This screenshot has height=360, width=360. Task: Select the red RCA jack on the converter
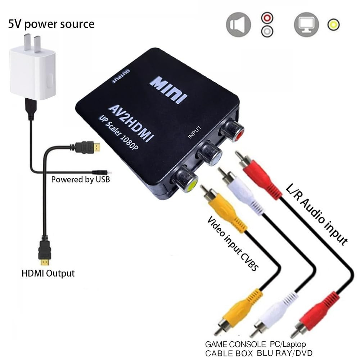point(232,130)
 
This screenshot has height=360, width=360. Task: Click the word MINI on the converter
point(168,87)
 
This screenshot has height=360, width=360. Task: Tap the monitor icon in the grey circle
point(306,24)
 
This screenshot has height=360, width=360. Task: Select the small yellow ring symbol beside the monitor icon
point(333,25)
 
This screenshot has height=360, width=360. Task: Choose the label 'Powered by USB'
point(80,179)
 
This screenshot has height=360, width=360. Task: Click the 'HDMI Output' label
point(48,273)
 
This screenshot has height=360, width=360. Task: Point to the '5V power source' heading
point(51,24)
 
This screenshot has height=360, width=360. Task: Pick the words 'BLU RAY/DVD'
point(284,353)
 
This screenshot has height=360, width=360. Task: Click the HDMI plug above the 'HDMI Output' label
point(45,252)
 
